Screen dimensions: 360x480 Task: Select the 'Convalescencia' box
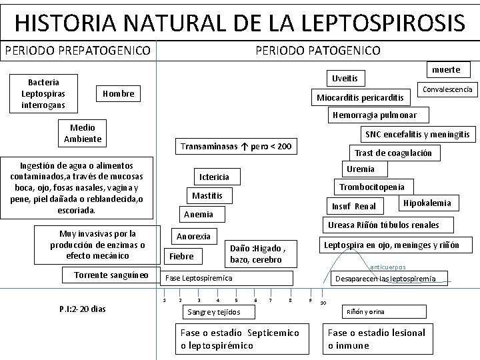click(448, 89)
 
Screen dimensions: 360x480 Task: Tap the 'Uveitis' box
click(345, 79)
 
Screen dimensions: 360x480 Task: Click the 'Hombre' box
click(119, 94)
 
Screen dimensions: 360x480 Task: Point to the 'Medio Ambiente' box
click(83, 133)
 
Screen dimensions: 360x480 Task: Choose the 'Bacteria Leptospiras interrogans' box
click(44, 94)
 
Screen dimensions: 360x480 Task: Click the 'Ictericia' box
click(215, 177)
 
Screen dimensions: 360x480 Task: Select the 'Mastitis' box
click(208, 196)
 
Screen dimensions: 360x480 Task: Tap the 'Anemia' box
click(199, 214)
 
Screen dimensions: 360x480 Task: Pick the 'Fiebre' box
click(181, 256)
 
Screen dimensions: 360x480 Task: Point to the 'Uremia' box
click(361, 169)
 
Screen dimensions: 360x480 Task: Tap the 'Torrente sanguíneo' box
click(111, 275)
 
